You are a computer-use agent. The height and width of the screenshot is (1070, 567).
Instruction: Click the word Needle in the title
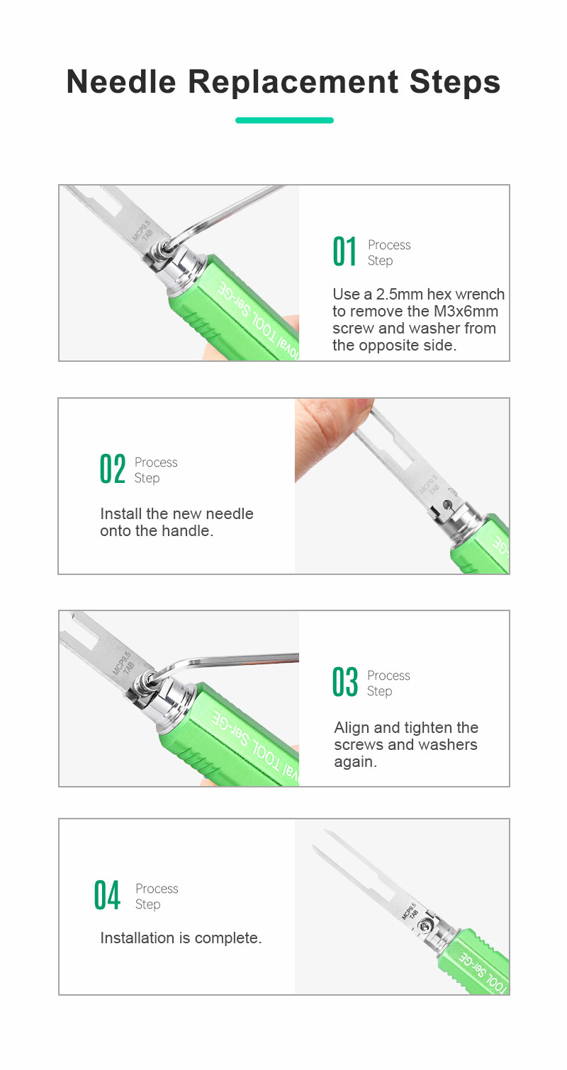pos(121,81)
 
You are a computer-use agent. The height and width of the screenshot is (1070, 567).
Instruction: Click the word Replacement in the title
pos(293,82)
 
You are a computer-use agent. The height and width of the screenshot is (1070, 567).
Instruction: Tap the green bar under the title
pos(284,120)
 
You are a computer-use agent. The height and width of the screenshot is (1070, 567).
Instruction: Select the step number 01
pos(344,251)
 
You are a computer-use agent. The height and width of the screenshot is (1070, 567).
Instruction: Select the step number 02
pos(113,469)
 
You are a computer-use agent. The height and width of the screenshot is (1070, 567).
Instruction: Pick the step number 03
pos(344,682)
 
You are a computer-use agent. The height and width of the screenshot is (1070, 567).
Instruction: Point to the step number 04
pos(107,895)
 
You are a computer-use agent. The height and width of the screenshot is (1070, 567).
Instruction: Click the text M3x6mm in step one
pos(466,311)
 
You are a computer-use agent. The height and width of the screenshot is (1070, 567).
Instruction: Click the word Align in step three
pos(352,728)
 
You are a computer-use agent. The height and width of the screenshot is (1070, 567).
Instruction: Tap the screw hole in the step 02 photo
pos(447,503)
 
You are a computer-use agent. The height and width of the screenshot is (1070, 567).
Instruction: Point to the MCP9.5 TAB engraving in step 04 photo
pos(410,911)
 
